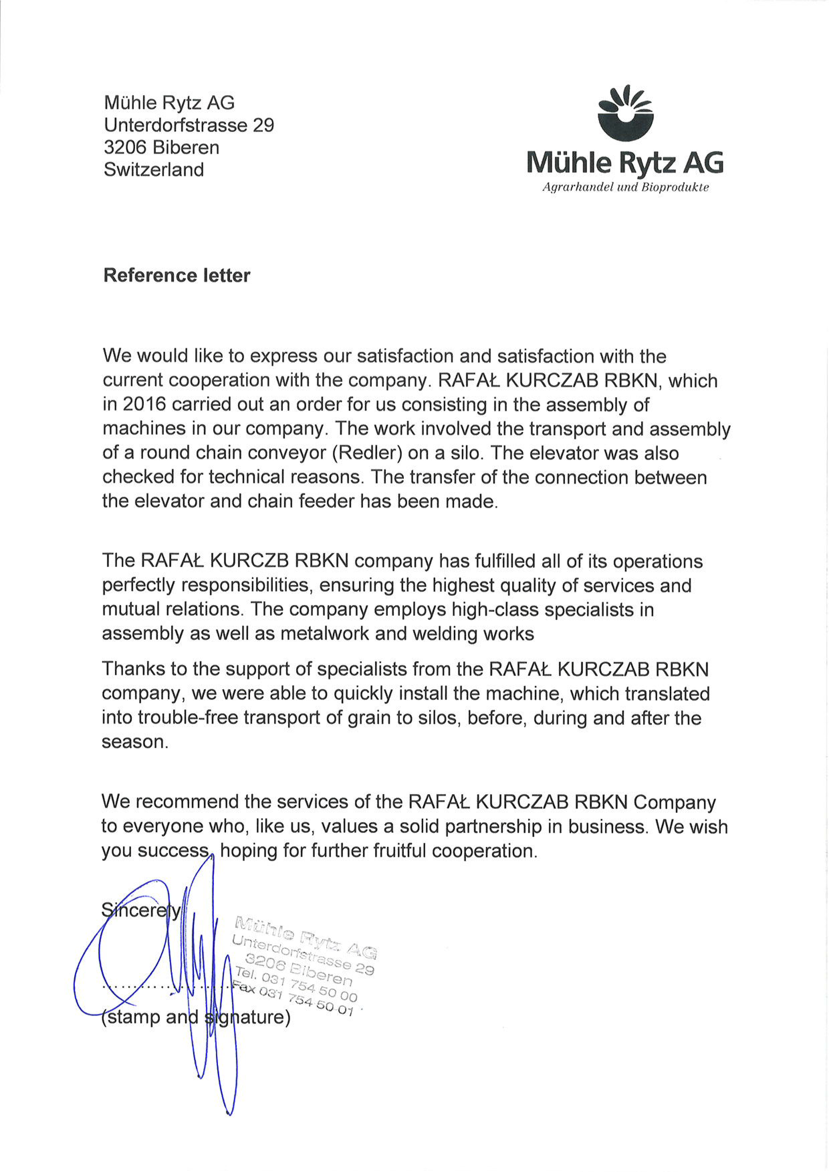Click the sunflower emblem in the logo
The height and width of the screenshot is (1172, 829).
(x=625, y=113)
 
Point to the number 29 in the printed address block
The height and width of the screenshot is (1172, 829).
(x=263, y=125)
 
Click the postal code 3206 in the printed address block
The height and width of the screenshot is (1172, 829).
(x=125, y=148)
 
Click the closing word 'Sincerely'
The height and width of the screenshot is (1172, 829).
(x=141, y=911)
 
